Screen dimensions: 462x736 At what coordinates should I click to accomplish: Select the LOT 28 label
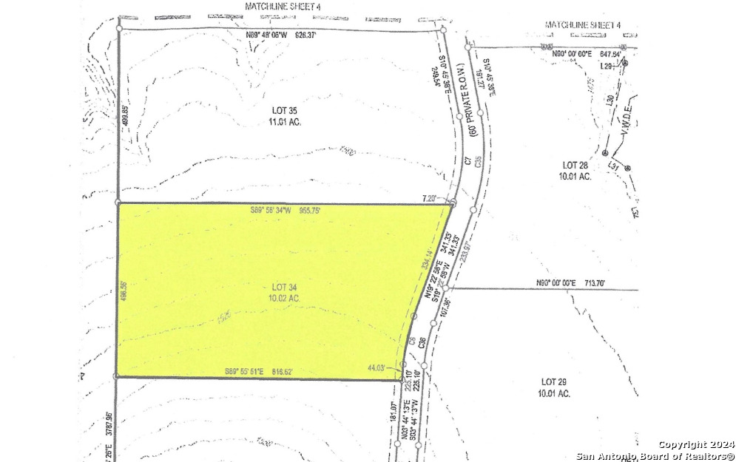(575, 165)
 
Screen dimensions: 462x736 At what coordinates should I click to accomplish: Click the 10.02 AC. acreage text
(285, 298)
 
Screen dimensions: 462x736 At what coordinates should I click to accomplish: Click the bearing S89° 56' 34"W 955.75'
(285, 211)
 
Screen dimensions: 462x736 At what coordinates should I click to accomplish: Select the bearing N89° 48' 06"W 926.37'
(280, 34)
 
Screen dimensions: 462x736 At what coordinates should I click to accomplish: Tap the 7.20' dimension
(431, 197)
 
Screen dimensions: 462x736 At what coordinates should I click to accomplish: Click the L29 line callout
(607, 67)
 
